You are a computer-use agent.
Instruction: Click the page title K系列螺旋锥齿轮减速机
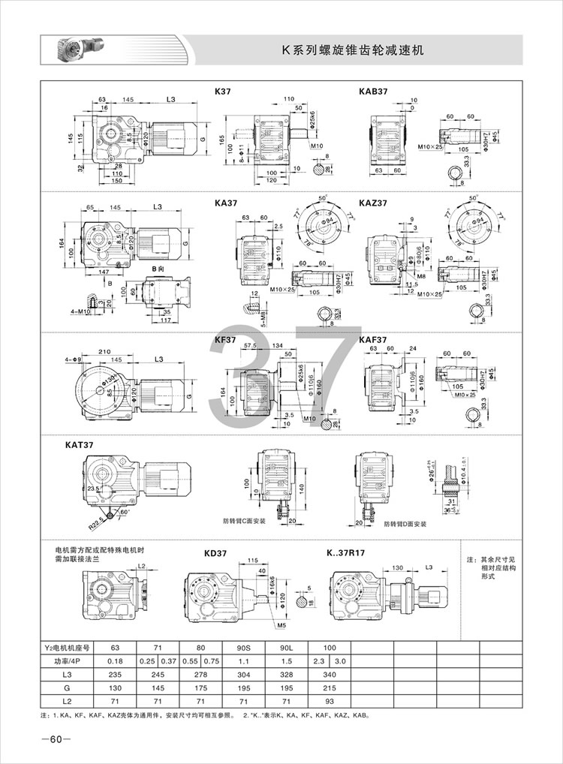coord(353,50)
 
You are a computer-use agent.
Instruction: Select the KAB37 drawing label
coord(373,91)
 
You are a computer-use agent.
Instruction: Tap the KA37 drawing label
coord(225,202)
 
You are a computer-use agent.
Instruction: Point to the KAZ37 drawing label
coord(373,202)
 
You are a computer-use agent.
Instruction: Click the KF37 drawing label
coord(225,340)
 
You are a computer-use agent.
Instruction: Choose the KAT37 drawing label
coord(79,445)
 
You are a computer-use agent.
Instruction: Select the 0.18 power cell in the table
coord(115,661)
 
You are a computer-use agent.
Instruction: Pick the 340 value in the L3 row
coord(330,675)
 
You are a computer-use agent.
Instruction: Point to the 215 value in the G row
coord(330,688)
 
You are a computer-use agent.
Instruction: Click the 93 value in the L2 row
coord(330,702)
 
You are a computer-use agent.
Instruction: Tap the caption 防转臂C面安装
coord(243,519)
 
